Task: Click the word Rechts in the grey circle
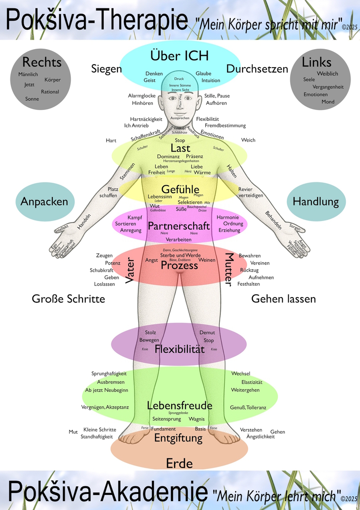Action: pyautogui.click(x=42, y=62)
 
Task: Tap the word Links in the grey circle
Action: pyautogui.click(x=317, y=62)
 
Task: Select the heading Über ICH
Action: pyautogui.click(x=179, y=55)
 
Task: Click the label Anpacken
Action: pyautogui.click(x=44, y=202)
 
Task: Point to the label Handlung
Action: pyautogui.click(x=316, y=202)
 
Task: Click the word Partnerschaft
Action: pyautogui.click(x=179, y=226)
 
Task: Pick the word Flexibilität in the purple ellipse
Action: pyautogui.click(x=180, y=349)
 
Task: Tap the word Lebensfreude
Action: pyautogui.click(x=180, y=406)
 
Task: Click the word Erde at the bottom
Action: pyautogui.click(x=179, y=464)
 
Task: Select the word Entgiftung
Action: pyautogui.click(x=178, y=438)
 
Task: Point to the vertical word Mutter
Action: pyautogui.click(x=229, y=270)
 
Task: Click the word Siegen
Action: pyautogui.click(x=107, y=69)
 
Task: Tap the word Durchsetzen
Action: pyautogui.click(x=257, y=69)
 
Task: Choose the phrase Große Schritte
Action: pyautogui.click(x=68, y=299)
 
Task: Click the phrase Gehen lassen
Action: pyautogui.click(x=284, y=299)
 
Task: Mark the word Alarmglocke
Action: pyautogui.click(x=142, y=96)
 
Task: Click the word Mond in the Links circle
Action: pyautogui.click(x=328, y=102)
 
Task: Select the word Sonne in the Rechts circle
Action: pyautogui.click(x=32, y=99)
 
